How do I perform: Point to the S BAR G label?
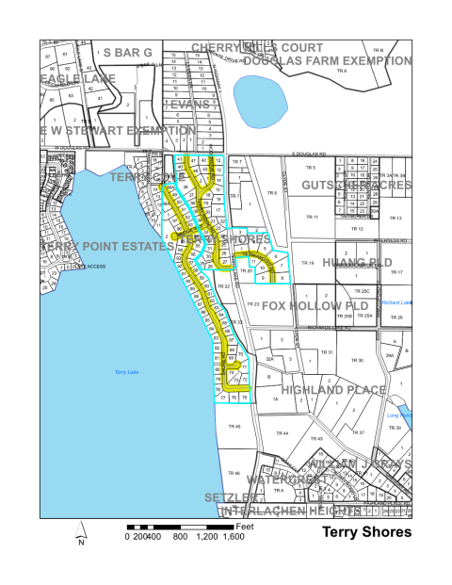coord(127,52)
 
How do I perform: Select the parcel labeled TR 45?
coord(234,427)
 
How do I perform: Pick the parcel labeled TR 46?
coord(234,472)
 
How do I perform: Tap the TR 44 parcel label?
coord(282,433)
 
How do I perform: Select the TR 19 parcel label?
coord(307,263)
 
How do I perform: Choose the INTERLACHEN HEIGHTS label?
coord(291,510)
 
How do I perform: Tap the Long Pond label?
coord(399,415)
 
